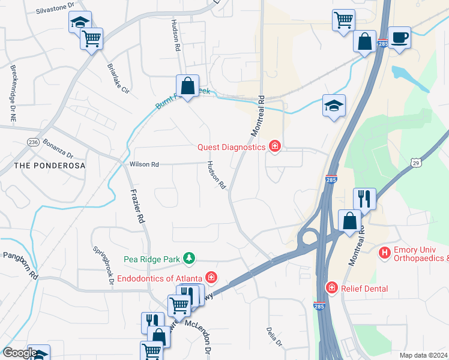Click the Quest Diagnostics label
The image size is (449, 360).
[231, 147]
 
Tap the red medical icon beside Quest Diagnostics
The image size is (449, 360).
[275, 146]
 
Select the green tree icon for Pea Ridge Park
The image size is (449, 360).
[190, 258]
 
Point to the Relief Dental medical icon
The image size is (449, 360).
[331, 289]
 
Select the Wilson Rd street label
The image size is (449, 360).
[144, 164]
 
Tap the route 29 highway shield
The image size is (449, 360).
[416, 162]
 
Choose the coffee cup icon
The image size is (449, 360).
[399, 37]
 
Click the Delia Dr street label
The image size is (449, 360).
[273, 337]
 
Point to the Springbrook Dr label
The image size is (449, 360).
[103, 262]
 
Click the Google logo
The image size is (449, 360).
[19, 353]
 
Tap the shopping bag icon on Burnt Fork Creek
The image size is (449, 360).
[187, 86]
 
